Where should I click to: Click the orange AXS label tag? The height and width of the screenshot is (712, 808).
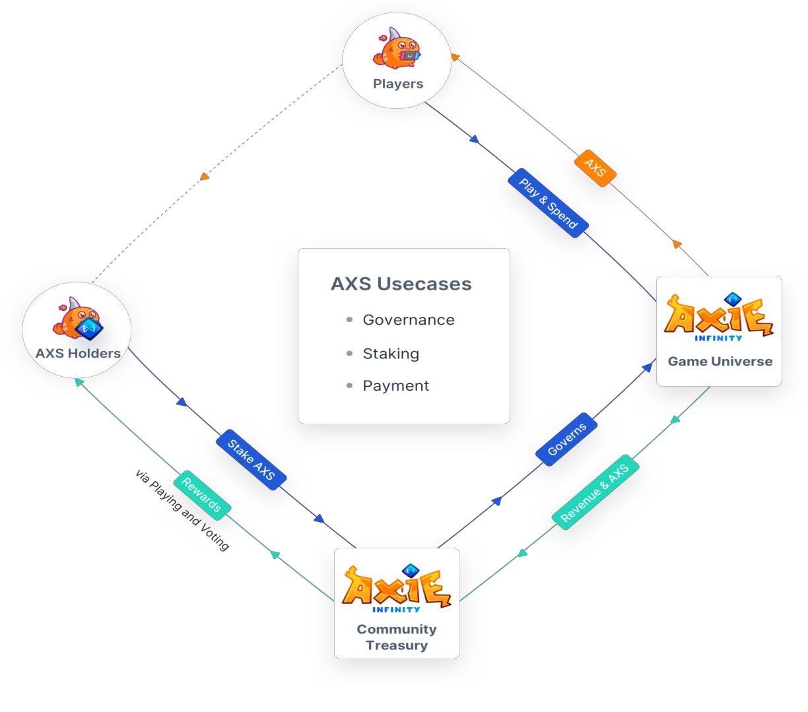(x=595, y=168)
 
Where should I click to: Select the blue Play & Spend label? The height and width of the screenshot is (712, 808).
(x=548, y=203)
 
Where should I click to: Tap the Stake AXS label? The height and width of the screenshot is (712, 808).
(x=251, y=459)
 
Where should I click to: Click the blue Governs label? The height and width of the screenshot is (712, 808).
(x=566, y=439)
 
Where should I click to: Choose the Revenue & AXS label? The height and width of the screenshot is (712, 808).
(x=595, y=492)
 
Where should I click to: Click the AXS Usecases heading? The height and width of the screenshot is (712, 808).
(x=401, y=284)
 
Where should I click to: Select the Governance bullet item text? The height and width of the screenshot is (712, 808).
(x=409, y=320)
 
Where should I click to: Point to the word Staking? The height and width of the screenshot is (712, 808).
(x=391, y=354)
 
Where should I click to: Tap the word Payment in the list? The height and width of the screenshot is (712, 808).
(x=395, y=385)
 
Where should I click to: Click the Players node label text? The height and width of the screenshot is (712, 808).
(x=398, y=84)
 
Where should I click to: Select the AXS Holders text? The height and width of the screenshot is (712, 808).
(x=78, y=353)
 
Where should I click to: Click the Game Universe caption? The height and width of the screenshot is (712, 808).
(x=720, y=361)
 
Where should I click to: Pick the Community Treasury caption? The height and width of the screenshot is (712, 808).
(x=397, y=637)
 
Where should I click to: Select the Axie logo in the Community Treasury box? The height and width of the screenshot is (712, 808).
(x=397, y=589)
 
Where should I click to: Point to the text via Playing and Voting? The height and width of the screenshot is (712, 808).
(x=182, y=511)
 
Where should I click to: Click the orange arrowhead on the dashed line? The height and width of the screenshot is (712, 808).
(x=204, y=176)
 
